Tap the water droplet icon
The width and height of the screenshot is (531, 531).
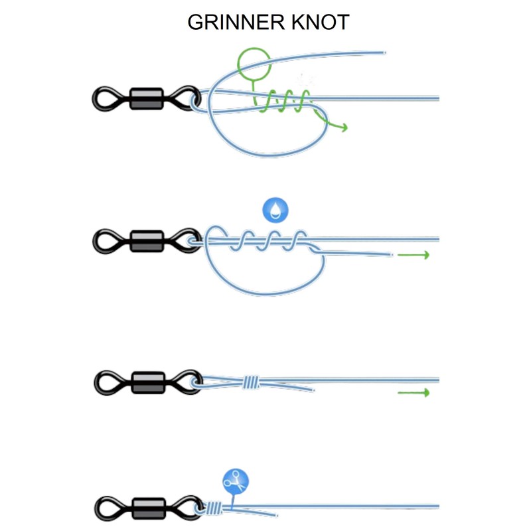tap(276, 210)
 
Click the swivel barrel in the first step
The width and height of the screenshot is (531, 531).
tap(147, 99)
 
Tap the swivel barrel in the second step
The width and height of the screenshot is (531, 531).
tap(147, 241)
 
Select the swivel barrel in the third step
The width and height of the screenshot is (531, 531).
tap(147, 382)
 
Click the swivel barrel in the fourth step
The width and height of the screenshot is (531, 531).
tap(147, 508)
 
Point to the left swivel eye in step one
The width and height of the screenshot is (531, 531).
tap(106, 99)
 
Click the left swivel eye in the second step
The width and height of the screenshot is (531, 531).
tap(106, 241)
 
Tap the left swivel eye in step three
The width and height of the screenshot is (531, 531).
tap(106, 382)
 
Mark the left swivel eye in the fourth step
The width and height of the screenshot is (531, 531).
tap(106, 508)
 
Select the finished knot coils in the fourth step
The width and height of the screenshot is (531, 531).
tap(212, 508)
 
